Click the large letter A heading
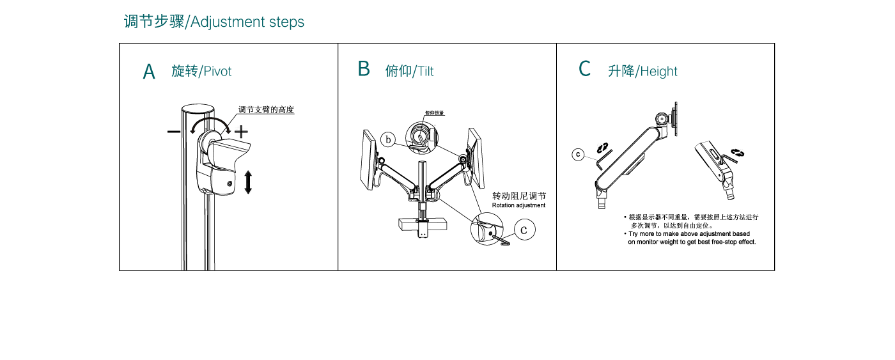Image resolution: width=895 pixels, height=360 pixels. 149,72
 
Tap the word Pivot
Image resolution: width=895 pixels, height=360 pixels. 217,71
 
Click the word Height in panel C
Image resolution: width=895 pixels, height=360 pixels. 658,71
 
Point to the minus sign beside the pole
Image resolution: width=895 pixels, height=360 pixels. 174,132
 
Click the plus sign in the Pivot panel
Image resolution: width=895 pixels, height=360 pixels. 241,132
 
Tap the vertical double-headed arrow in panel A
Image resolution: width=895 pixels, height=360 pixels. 248,182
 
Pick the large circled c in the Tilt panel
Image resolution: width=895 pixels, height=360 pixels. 524,229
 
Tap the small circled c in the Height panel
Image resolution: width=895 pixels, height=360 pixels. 578,154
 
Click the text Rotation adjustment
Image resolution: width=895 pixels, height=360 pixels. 518,205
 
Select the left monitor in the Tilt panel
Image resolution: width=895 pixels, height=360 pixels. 369,160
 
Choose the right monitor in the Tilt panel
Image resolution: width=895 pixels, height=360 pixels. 475,157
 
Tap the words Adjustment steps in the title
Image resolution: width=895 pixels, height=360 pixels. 247,22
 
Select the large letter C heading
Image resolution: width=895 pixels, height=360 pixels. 584,69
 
